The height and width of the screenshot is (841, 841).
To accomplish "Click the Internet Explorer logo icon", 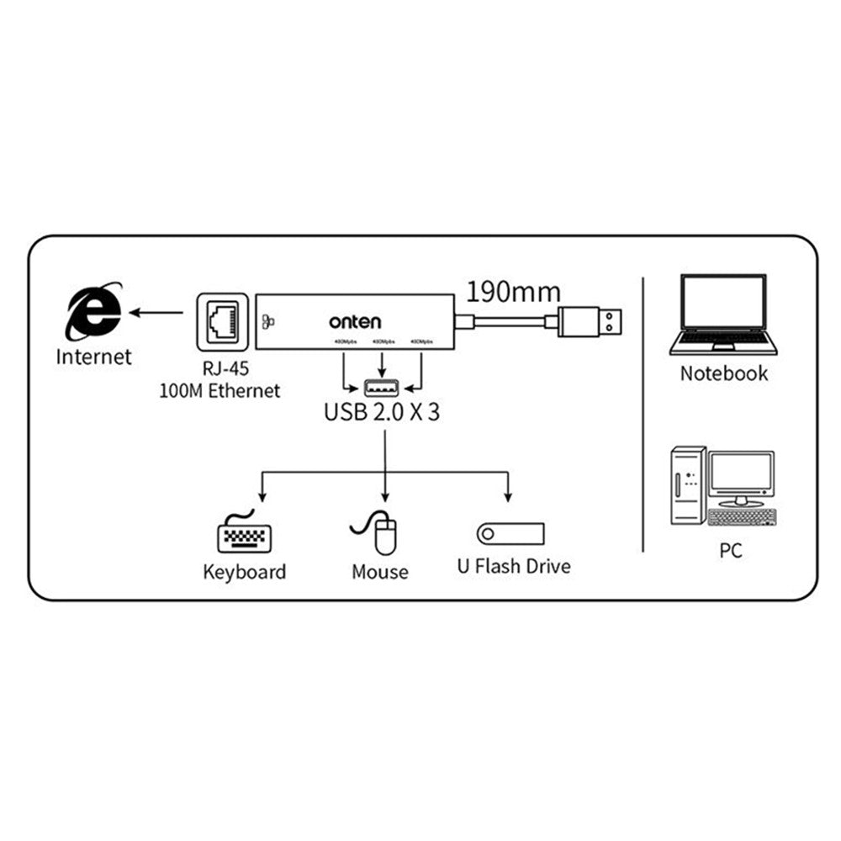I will tap(95, 313).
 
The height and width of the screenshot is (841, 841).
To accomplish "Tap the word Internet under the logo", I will tap(94, 357).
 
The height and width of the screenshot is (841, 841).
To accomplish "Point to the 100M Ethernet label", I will tap(220, 391).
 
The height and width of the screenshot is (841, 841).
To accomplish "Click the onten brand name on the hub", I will tap(355, 322).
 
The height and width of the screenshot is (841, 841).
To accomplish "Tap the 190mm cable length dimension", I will tap(513, 292).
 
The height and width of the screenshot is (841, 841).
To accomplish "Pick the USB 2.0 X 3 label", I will tap(383, 414).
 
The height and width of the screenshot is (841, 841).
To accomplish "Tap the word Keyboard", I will tap(245, 573).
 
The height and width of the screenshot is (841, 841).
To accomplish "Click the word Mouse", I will tap(380, 573).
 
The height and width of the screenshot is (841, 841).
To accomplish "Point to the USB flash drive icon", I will tap(510, 533).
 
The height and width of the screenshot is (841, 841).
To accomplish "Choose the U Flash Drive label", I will tap(514, 566).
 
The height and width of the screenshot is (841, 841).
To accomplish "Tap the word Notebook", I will tap(724, 373).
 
